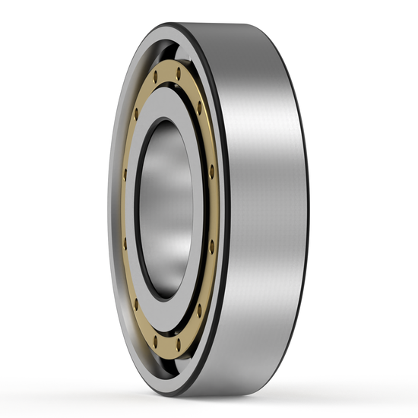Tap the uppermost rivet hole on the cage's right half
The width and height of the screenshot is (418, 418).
point(178,74)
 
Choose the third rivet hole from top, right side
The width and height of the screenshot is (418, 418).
point(211,169)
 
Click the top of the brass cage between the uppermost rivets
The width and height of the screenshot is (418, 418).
point(167,74)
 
